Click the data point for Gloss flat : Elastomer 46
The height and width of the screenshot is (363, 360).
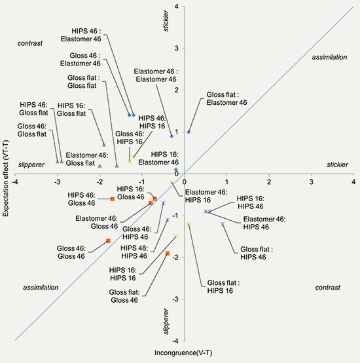pos(189,132)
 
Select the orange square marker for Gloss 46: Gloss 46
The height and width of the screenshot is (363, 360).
pos(108,241)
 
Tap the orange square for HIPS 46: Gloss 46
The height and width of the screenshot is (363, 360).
pos(113,199)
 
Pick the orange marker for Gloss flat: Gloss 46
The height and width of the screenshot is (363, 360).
pos(168,254)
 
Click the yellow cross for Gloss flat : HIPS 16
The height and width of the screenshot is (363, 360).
pos(189,224)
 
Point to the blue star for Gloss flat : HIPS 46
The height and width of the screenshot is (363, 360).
pos(223,224)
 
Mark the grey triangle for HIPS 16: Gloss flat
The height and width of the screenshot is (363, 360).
pos(104,145)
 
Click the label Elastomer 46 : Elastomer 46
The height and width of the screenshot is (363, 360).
pos(156,75)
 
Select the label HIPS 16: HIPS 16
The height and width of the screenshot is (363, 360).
pos(123,274)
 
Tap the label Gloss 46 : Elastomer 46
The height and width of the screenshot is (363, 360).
pos(81,60)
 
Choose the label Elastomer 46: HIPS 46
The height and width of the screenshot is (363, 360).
pos(264,223)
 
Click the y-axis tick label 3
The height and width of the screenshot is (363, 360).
pos(177,48)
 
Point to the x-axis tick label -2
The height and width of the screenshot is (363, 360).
pos(99,182)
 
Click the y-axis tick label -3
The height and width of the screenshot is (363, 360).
pos(175,299)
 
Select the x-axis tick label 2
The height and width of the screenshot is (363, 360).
pos(269,182)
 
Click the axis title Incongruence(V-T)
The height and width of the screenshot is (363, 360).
pos(183,353)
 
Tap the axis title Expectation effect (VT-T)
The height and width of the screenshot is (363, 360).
pos(5,178)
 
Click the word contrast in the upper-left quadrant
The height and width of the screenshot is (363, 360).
pos(30,43)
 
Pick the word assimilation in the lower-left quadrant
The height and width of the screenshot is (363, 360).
pos(41,288)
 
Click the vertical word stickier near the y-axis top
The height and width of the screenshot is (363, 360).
pos(166,21)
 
